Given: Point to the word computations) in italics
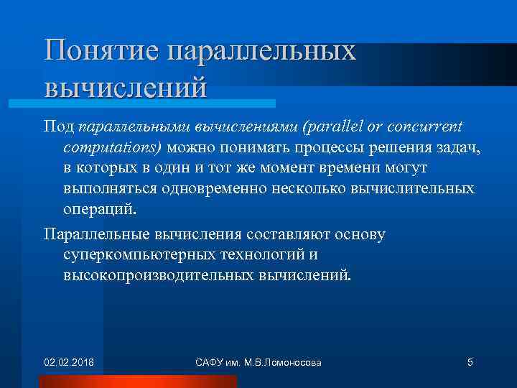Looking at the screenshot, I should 113,147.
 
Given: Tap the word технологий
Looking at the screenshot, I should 265,255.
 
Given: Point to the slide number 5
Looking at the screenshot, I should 470,362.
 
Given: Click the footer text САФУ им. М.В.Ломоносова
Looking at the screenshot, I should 258,362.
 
